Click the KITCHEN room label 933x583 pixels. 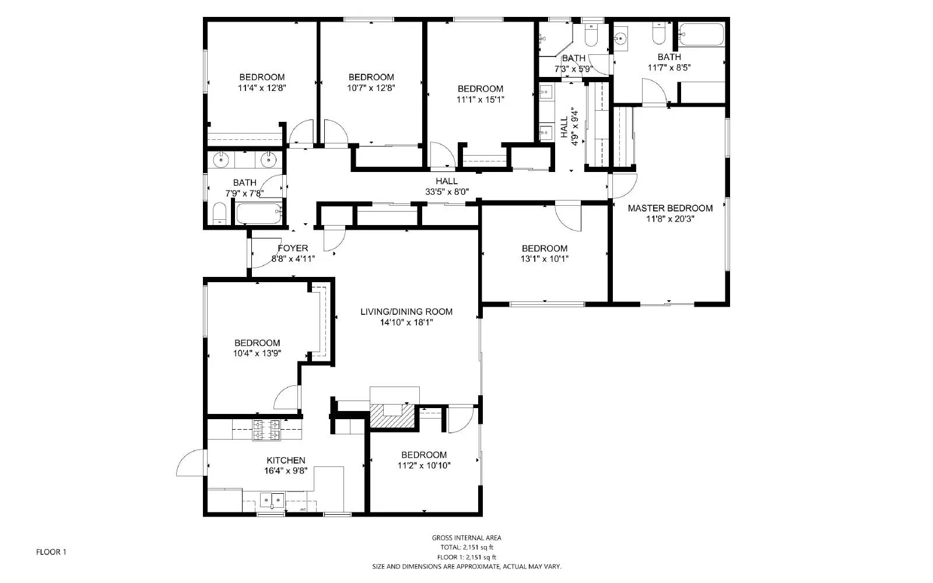pos(286,460)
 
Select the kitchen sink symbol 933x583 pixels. pos(272,499)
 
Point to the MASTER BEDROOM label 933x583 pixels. pos(670,208)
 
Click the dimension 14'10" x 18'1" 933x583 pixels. pos(406,322)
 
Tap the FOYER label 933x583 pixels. pos(293,248)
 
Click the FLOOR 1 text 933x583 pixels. pos(51,552)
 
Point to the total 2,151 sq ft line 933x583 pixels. pos(466,547)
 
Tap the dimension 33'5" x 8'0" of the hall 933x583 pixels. pos(447,191)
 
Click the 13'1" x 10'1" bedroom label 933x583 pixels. pos(544,248)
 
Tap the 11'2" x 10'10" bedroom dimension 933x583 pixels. pos(424,465)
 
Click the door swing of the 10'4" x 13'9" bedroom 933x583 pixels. pos(286,398)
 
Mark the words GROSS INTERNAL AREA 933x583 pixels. pos(466,538)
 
